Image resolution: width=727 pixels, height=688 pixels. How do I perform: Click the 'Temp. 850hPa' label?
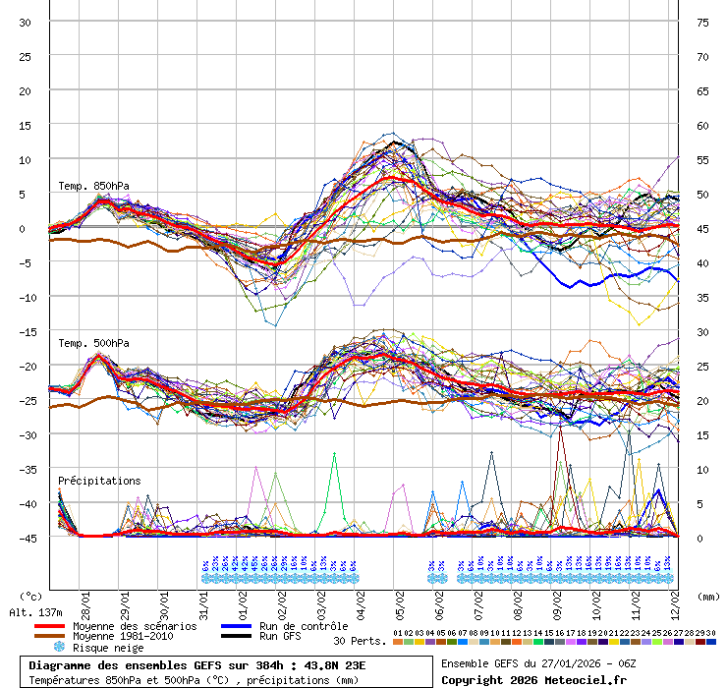93,186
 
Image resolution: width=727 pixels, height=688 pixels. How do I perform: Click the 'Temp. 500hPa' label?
93,343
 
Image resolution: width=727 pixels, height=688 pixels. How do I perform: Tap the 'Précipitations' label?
99,481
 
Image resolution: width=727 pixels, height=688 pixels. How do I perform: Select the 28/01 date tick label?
86,599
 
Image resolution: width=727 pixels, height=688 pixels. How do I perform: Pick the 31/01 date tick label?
204,599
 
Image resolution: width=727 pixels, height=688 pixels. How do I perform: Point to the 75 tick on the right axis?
702,22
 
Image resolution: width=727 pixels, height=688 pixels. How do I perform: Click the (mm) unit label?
709,596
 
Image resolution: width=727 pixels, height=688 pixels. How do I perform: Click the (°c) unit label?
31,596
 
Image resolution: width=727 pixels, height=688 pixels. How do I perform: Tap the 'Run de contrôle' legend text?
304,626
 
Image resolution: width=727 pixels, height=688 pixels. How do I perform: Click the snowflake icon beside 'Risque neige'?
58,648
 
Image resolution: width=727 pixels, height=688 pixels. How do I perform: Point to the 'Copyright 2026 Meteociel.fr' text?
534,679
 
